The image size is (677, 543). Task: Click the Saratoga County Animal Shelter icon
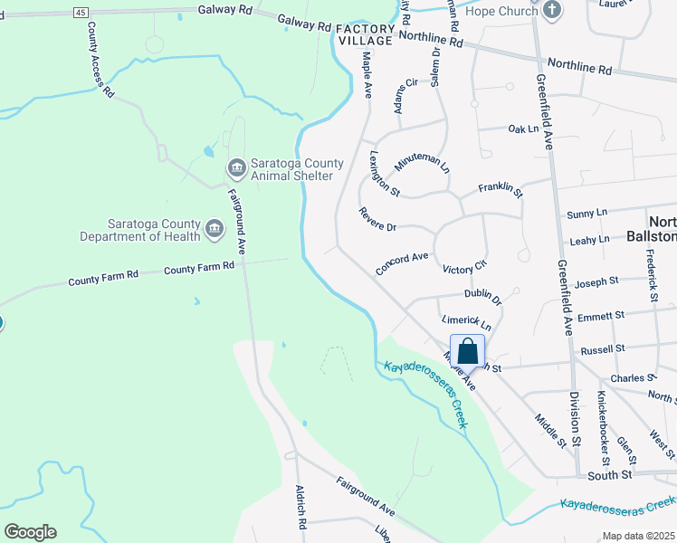tap(236, 167)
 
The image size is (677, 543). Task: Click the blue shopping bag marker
tap(467, 350)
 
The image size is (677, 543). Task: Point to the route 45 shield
tap(81, 12)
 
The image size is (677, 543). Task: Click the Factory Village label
tap(366, 35)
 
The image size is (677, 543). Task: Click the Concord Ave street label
tap(401, 262)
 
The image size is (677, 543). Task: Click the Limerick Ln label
tap(466, 321)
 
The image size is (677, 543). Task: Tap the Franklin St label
tap(501, 189)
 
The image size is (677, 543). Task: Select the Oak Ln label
tap(523, 129)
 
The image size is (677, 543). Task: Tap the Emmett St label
tap(601, 316)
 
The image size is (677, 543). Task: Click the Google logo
tap(30, 531)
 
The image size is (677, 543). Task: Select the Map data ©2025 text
tap(638, 536)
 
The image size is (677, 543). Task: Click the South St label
tap(608, 474)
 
